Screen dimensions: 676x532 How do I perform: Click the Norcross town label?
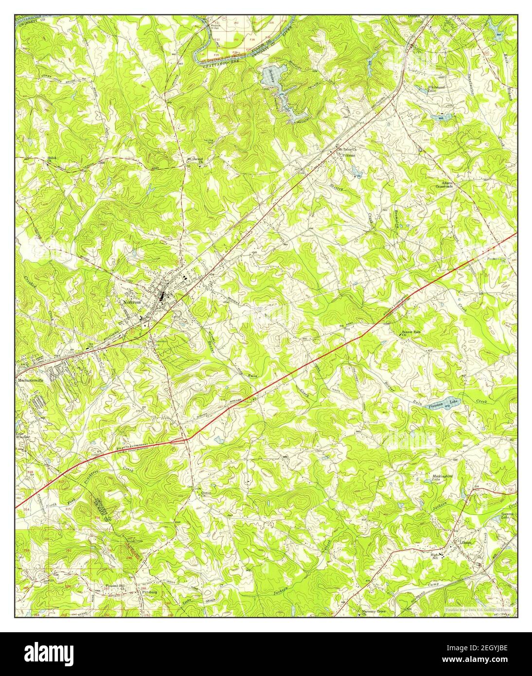tap(134, 302)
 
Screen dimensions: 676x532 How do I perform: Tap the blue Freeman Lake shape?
tap(442, 403)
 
